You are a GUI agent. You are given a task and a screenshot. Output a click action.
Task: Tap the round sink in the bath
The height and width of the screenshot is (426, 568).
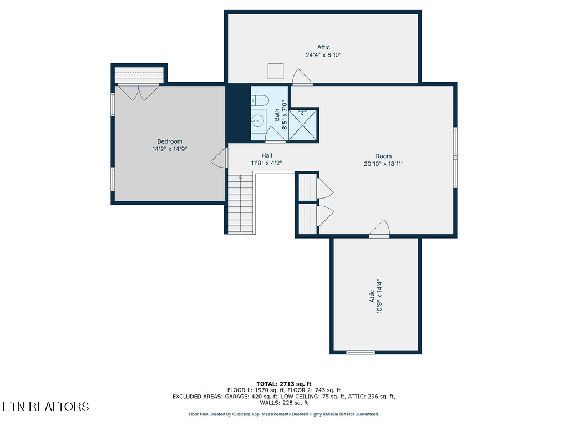[x=258, y=120]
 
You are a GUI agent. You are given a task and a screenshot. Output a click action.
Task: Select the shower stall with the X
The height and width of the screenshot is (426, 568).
[x=304, y=125]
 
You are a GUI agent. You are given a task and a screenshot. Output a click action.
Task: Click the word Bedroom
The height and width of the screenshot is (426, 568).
[x=170, y=141]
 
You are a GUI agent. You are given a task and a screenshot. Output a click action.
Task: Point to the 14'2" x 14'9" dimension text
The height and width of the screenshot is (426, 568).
[x=170, y=149]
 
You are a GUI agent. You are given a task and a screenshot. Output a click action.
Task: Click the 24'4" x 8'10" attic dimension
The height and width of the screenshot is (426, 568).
[x=323, y=55]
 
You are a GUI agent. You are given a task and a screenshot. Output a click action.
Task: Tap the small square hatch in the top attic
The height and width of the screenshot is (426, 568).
[x=276, y=72]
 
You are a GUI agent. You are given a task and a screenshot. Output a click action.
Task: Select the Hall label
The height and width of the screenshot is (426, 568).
[x=267, y=156]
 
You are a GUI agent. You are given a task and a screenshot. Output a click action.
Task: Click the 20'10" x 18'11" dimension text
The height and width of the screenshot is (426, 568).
[x=383, y=164]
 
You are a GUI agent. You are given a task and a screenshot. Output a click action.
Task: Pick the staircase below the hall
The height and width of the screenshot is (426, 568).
[x=241, y=204]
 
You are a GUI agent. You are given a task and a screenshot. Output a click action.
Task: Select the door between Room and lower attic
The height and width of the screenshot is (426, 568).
[x=380, y=229]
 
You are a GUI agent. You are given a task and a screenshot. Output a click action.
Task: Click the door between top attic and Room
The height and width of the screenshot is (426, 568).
[x=303, y=78]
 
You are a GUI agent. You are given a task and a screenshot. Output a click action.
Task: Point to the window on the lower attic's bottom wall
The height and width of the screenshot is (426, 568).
[x=361, y=352]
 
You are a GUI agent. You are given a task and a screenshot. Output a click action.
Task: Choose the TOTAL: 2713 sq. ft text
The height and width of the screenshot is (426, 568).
[x=283, y=384]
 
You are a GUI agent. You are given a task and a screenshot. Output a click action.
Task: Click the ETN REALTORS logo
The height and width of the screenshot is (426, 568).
[x=45, y=407]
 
